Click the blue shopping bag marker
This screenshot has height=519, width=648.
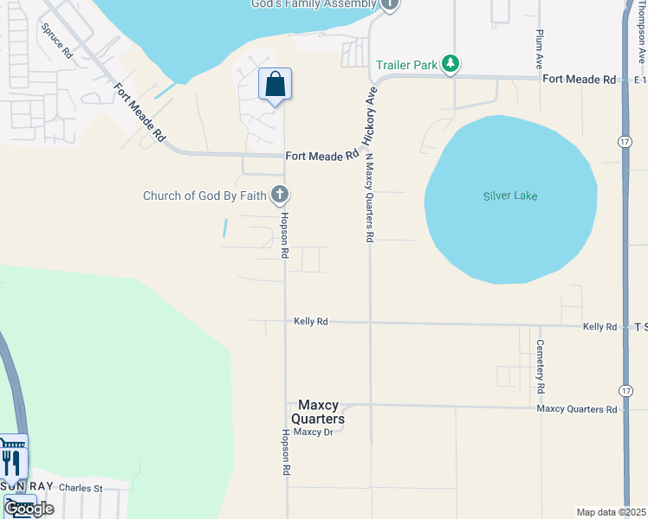(x=275, y=86)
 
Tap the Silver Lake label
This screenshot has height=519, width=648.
(x=510, y=196)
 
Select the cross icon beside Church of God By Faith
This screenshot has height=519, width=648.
(x=279, y=195)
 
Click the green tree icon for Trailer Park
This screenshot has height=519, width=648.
(x=450, y=64)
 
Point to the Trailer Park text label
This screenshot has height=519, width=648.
(x=406, y=65)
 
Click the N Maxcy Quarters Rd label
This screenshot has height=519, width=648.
(x=369, y=196)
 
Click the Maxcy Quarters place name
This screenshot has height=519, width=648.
(x=321, y=412)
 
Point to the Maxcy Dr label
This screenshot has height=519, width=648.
(x=313, y=432)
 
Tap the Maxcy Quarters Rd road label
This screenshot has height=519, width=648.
(x=576, y=408)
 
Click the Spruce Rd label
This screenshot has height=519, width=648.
(x=57, y=39)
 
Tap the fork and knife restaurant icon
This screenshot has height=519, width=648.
(x=11, y=462)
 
